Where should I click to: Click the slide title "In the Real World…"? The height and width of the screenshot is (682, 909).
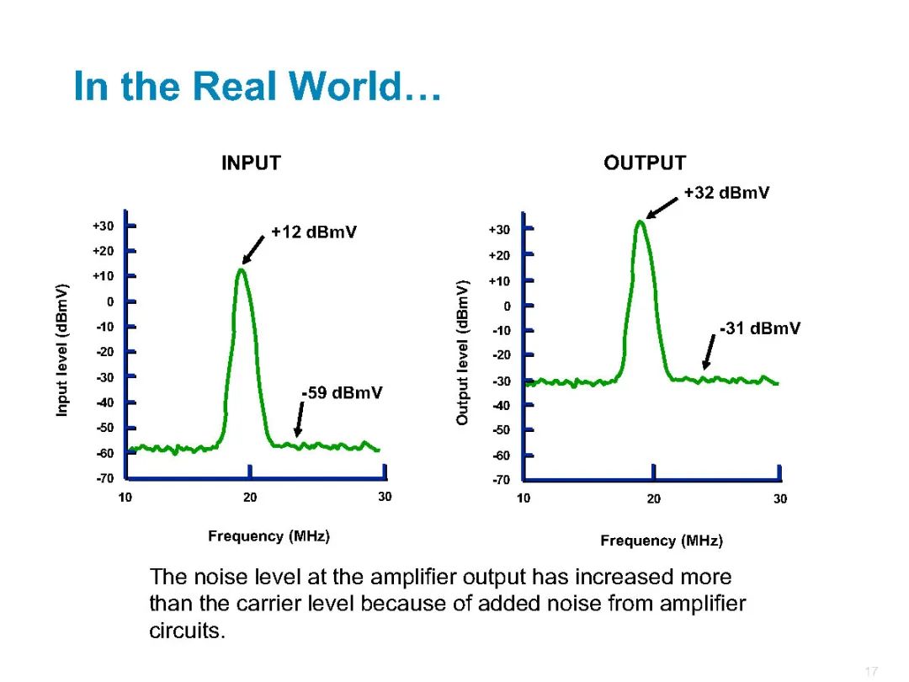point(258,86)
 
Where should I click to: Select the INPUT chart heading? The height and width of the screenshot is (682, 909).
point(251,163)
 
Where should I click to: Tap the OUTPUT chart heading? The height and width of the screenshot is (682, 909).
point(645,163)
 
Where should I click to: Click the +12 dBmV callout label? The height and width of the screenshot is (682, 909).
point(314,232)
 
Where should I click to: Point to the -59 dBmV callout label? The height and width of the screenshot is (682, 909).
point(342,392)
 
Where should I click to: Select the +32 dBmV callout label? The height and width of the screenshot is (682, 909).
point(726,193)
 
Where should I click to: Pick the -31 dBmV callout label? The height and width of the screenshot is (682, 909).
point(760,328)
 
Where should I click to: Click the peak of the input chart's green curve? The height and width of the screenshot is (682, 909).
point(242,269)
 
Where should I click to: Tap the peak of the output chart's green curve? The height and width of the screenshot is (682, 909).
point(640,221)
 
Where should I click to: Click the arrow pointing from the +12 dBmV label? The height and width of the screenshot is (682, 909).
point(253,250)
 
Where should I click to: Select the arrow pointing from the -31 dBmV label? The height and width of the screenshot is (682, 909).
point(709,352)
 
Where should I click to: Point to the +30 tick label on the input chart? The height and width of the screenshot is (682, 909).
point(104,226)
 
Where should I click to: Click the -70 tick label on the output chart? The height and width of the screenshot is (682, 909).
point(502,480)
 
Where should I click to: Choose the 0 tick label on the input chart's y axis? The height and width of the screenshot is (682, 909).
point(110,301)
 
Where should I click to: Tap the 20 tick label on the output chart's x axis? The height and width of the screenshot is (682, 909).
point(654,498)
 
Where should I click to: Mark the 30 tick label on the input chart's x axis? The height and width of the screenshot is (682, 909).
point(385,497)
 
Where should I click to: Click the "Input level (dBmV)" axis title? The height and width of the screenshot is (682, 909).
point(62,350)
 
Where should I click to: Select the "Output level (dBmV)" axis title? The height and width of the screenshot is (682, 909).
point(462,353)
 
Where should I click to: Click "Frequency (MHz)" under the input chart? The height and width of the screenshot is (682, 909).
point(269,535)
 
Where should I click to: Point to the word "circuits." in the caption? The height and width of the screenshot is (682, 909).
point(187,631)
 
